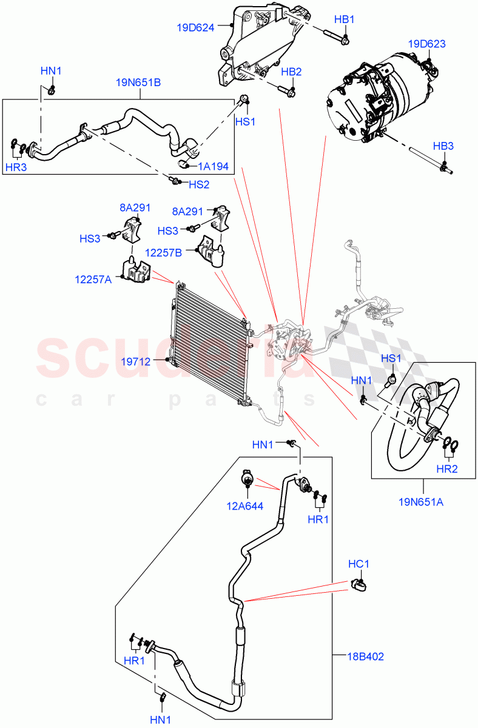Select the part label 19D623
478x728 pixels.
[426, 44]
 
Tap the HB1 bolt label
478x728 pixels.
[344, 20]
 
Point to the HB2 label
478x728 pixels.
[291, 72]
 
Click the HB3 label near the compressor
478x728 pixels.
[443, 146]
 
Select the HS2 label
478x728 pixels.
[198, 184]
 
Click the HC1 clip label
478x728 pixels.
[358, 564]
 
